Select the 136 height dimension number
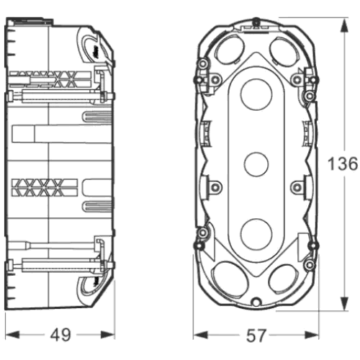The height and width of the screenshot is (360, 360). point(343,164)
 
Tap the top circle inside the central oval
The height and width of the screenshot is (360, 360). point(256,94)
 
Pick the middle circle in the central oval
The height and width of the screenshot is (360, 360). point(256,164)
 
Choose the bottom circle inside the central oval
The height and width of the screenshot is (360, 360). point(256,234)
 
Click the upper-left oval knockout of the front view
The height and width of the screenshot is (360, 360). point(229,50)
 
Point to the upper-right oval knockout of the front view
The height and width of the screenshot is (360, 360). point(284,50)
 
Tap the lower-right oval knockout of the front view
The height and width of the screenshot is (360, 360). point(284,279)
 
